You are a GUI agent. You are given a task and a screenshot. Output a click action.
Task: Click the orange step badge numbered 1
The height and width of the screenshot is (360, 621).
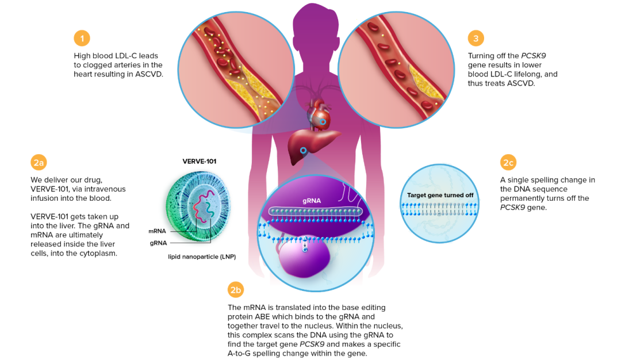tap(82, 39)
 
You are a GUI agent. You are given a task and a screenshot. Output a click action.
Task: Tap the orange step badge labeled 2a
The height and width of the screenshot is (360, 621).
tap(39, 163)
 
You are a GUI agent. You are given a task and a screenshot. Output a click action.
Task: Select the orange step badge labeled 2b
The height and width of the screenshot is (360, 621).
tap(236, 290)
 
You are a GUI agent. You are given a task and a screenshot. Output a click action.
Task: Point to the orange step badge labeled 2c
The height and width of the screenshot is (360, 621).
tap(508, 163)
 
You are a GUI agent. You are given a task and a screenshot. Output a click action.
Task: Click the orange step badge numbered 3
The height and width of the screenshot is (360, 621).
tap(476, 39)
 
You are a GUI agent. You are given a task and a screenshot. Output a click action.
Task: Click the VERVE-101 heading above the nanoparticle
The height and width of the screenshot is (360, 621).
tap(199, 162)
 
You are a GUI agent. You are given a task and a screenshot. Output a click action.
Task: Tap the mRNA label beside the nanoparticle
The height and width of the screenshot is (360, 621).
tap(157, 231)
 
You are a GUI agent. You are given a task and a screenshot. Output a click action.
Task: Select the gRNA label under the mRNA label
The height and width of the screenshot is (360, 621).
tap(158, 243)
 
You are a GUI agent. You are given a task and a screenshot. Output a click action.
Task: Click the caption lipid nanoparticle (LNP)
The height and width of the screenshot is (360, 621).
tap(201, 256)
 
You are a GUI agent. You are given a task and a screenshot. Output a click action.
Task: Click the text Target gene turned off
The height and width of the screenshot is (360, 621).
tap(440, 196)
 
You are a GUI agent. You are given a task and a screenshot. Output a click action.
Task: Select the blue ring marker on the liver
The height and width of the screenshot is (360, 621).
tap(303, 150)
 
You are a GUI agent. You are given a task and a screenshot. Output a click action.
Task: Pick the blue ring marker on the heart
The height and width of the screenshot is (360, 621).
tap(323, 122)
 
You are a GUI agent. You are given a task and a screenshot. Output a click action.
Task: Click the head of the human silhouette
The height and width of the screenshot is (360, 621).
tap(316, 23)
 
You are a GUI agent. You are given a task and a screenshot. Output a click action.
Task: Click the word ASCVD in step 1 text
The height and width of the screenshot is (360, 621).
tap(148, 74)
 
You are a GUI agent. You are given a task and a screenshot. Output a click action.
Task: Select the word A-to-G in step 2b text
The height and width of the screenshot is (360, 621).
tap(243, 353)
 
